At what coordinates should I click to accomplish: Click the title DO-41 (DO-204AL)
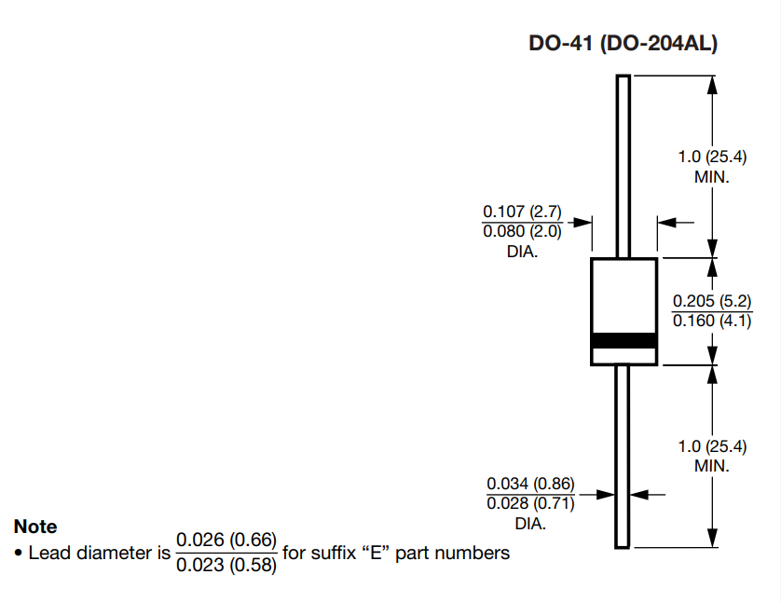click(x=623, y=44)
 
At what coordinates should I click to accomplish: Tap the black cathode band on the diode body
click(x=624, y=341)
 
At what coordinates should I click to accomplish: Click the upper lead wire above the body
click(x=623, y=168)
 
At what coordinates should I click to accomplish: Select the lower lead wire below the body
click(x=623, y=457)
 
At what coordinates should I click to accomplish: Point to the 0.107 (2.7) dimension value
click(x=522, y=212)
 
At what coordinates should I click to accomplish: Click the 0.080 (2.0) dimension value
click(x=522, y=232)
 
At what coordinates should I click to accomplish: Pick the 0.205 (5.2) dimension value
click(x=713, y=302)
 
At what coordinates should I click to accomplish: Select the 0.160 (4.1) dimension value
click(x=713, y=322)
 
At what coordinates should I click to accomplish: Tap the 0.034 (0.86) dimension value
click(x=530, y=484)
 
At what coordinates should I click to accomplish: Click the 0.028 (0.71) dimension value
click(x=530, y=504)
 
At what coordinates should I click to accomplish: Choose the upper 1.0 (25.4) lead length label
click(x=712, y=157)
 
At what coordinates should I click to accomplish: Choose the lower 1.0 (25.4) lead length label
click(x=712, y=446)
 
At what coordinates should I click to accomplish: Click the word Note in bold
click(x=35, y=527)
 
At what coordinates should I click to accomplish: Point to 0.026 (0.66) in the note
click(x=226, y=540)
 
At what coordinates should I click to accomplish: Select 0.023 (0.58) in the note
click(x=226, y=565)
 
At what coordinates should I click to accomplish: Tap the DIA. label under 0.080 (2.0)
click(x=522, y=253)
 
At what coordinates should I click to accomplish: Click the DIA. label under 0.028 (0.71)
click(x=530, y=524)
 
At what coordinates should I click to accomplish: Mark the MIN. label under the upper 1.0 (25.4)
click(x=712, y=176)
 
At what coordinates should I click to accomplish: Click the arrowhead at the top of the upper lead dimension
click(x=713, y=85)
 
